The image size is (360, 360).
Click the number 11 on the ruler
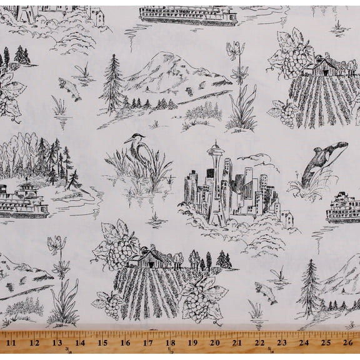(x=11, y=343)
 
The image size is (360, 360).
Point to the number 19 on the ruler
(x=191, y=343)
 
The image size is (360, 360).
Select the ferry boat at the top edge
(x=179, y=13)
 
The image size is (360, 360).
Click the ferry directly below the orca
(x=342, y=210)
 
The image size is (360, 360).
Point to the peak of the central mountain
(x=155, y=56)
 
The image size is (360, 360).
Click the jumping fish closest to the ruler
(x=265, y=291)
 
